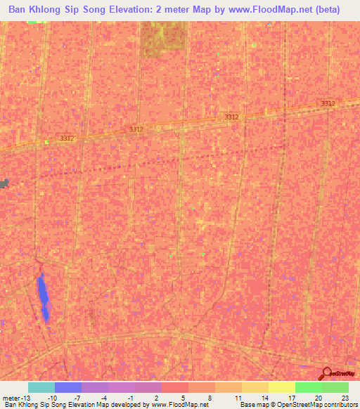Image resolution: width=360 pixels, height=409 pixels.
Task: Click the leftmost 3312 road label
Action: [x=67, y=138]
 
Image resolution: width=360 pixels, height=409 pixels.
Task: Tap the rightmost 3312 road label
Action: [x=328, y=103]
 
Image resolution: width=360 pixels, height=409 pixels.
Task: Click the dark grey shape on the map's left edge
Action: [x=4, y=183]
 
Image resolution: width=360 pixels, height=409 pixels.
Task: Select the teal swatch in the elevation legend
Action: [x=41, y=387]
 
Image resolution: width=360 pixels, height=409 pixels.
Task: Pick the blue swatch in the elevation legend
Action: [x=68, y=387]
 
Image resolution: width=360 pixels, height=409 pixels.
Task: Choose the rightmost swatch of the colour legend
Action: [x=335, y=387]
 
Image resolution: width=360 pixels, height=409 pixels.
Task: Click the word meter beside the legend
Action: [x=10, y=398]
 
